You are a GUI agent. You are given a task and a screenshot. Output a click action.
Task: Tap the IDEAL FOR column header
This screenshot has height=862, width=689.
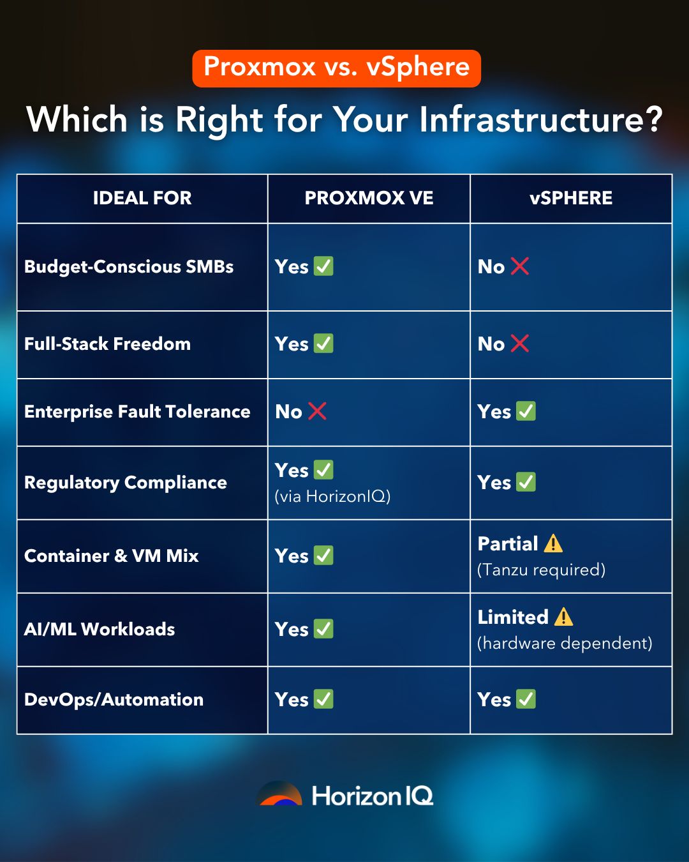point(142,198)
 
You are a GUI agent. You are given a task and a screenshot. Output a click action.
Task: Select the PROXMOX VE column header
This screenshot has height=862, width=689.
point(369,198)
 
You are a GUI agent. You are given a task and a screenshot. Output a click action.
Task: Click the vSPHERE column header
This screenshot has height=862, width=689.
point(571,198)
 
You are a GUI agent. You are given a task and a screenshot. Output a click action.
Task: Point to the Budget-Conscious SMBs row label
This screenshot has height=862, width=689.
point(129,267)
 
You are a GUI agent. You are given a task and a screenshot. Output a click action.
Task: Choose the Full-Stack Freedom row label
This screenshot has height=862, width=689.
point(107,344)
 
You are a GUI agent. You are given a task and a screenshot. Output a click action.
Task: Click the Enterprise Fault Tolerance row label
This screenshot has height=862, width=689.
point(137,412)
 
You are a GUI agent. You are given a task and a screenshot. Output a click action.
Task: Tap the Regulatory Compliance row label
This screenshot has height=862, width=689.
point(126,483)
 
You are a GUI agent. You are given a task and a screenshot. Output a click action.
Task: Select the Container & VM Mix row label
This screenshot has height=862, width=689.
point(112,556)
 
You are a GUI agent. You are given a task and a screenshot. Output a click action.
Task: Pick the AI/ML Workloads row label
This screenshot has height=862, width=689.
point(100,630)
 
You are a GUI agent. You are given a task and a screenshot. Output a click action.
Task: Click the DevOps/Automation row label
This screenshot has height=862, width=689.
point(114,700)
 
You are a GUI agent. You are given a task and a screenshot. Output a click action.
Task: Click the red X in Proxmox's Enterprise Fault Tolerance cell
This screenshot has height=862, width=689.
point(317,411)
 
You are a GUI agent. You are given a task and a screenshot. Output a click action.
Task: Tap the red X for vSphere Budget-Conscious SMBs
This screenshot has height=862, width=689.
point(520,266)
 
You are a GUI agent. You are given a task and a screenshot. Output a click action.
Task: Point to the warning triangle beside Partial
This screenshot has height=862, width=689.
point(553,543)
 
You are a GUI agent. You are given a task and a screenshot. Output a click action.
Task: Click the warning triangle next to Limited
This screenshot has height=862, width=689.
point(563,617)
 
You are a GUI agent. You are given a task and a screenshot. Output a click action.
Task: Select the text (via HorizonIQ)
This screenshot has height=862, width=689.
point(332,496)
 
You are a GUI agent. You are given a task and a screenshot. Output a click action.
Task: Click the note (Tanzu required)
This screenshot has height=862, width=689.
point(541,570)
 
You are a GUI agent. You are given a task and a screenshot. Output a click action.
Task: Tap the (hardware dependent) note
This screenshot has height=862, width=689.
point(565,643)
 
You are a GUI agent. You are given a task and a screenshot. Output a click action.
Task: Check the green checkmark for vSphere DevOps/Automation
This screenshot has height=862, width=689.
point(526,699)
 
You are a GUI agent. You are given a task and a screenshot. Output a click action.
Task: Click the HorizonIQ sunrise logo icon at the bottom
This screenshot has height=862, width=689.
point(279,794)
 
